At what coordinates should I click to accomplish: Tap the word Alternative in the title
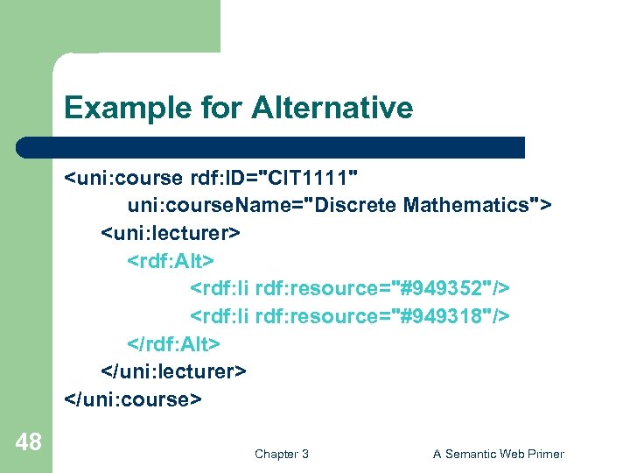point(332,109)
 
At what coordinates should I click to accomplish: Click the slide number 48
point(28,441)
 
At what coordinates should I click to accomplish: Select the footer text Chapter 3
point(281,454)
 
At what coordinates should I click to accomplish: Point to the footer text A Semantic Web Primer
point(499,454)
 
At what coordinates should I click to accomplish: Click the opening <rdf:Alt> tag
point(171,261)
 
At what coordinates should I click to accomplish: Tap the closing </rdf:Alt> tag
point(174,342)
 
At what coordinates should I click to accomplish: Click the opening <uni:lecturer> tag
point(170,234)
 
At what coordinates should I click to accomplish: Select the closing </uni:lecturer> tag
point(173,371)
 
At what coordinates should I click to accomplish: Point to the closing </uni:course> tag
point(133,399)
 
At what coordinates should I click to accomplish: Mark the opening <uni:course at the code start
point(122,180)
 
